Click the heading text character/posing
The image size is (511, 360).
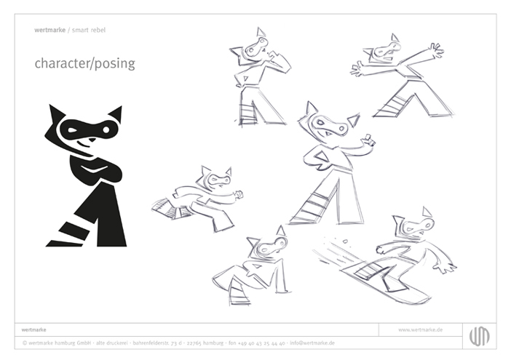tap(84, 63)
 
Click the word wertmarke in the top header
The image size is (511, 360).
tap(49, 30)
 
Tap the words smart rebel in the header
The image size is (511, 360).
tap(91, 30)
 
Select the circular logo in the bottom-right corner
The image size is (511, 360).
tap(479, 335)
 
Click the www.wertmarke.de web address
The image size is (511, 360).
tap(420, 330)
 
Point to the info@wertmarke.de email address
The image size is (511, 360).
tap(312, 343)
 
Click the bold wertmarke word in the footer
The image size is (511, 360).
tap(35, 330)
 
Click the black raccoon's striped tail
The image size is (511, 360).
tap(69, 231)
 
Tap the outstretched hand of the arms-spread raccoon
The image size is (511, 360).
tap(435, 51)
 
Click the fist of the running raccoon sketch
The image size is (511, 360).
tap(238, 195)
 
